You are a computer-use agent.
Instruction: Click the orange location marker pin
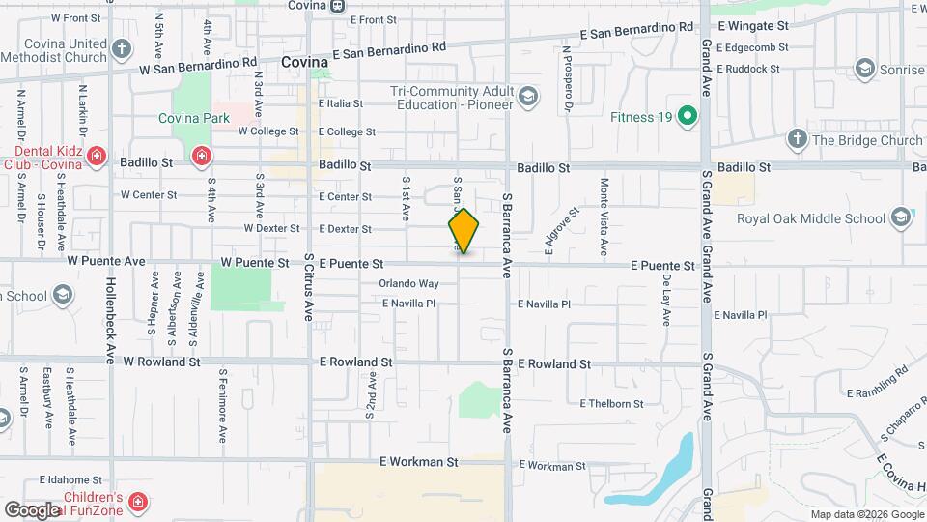coord(463,231)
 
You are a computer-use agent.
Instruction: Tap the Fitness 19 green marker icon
coord(687,118)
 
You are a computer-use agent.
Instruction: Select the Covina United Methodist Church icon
coord(121,47)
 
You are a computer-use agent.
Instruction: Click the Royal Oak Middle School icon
coord(903,217)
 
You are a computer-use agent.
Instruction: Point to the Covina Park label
coord(195,118)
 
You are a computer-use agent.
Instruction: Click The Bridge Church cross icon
coord(797,139)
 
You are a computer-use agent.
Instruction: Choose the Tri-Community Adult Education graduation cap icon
coord(527,97)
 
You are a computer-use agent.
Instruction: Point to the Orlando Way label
coord(408,284)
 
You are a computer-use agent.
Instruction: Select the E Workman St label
coord(418,462)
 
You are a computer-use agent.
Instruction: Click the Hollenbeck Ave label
coord(110,305)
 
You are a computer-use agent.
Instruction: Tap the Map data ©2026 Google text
coord(866,514)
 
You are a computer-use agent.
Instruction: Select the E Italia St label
coord(340,103)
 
